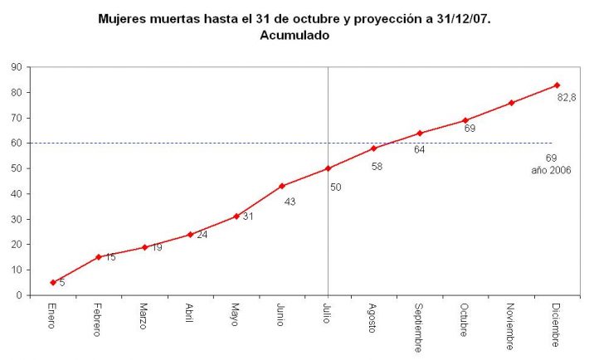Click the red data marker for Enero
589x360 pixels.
click(53, 282)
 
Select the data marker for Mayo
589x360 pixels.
click(236, 216)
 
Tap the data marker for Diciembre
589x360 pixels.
click(557, 85)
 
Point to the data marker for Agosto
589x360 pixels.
click(374, 148)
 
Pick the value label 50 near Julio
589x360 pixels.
click(335, 187)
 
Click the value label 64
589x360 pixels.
click(420, 149)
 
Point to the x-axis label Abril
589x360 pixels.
click(191, 314)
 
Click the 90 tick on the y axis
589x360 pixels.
click(17, 67)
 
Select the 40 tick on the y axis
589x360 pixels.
click(17, 194)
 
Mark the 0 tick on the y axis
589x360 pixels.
click(19, 295)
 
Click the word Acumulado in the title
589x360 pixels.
click(294, 35)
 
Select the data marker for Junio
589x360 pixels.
click(282, 186)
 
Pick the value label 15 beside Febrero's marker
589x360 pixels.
click(110, 257)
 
